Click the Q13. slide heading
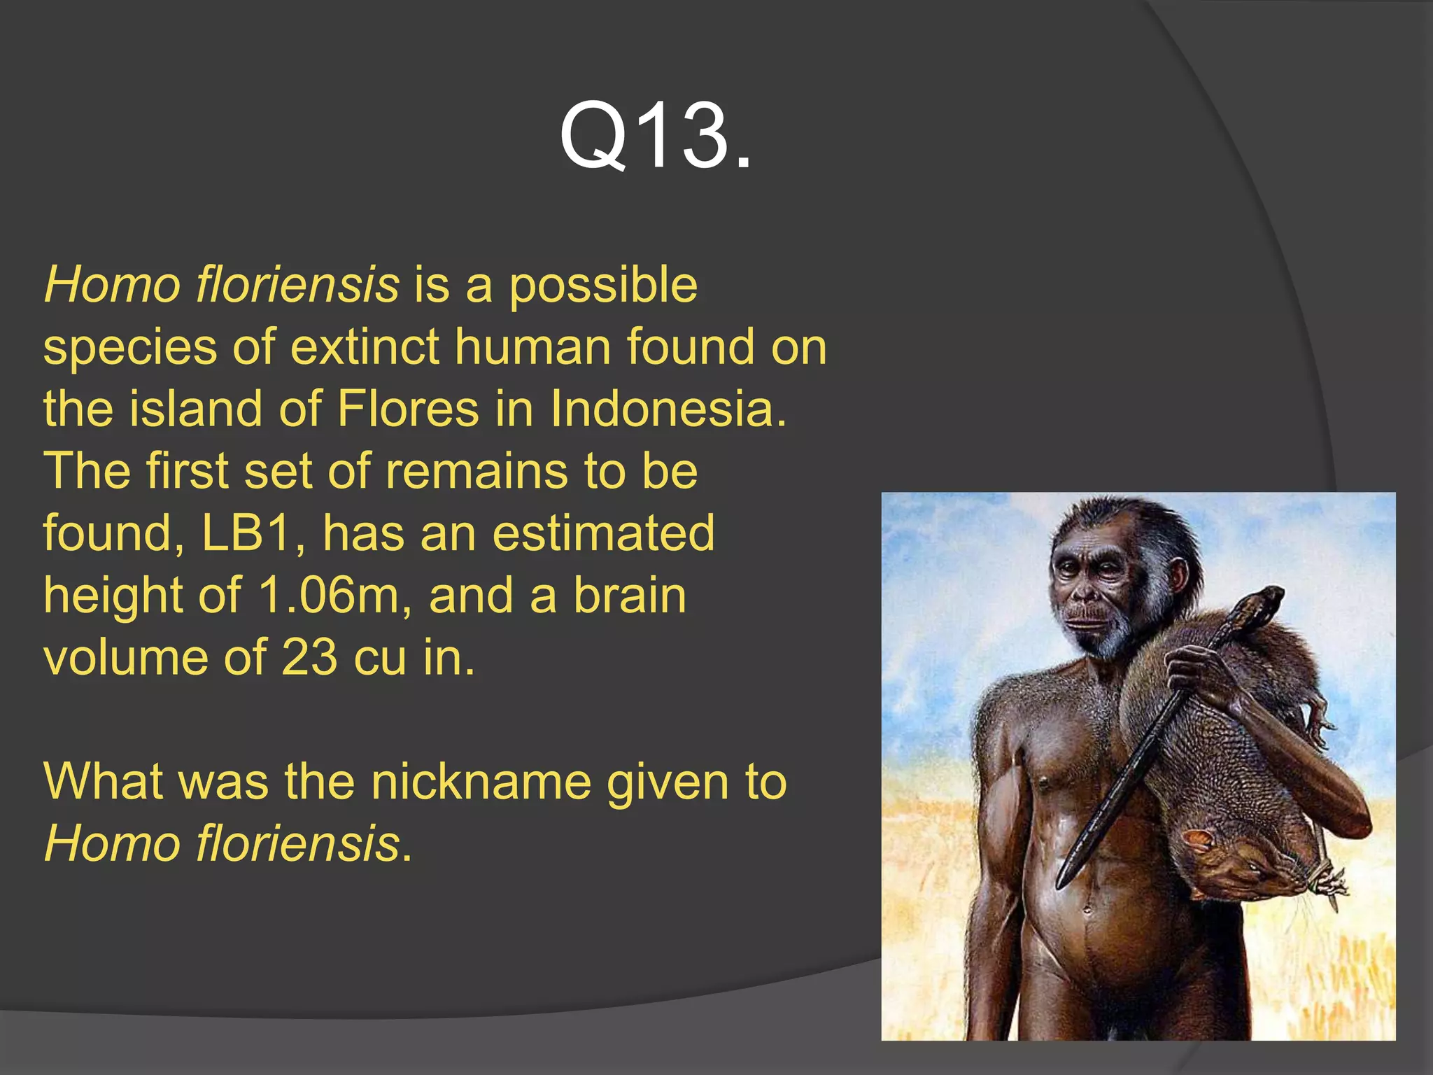(x=656, y=135)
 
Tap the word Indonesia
(x=668, y=409)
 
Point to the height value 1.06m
(x=327, y=596)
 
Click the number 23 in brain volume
(x=309, y=658)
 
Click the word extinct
(x=364, y=347)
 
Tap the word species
(x=129, y=349)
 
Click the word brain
(x=630, y=596)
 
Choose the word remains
(x=476, y=471)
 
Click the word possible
(x=603, y=286)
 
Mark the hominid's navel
(x=1087, y=911)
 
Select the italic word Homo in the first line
(x=112, y=286)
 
